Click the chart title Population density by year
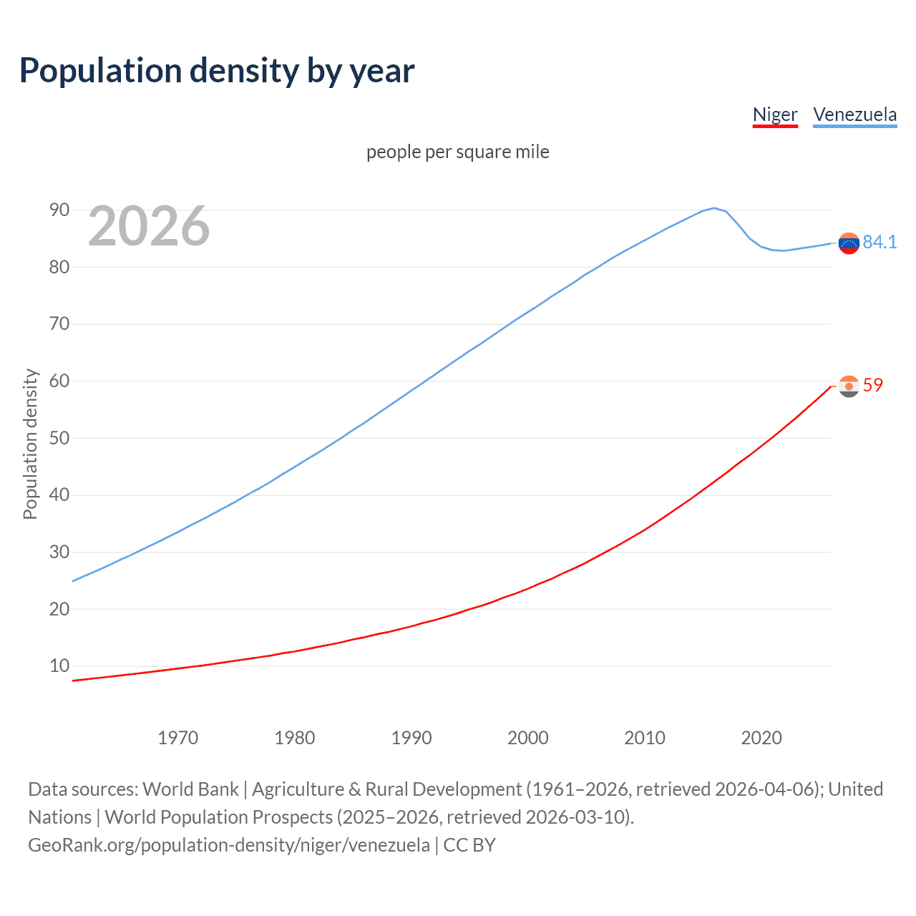(x=217, y=71)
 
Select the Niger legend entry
(x=775, y=114)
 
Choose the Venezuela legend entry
(x=854, y=114)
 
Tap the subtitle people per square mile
(x=458, y=152)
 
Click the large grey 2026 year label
(x=149, y=226)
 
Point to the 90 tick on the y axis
(x=59, y=210)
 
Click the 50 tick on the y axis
(x=59, y=438)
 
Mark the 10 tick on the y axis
(x=59, y=666)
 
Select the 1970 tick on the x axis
(x=178, y=738)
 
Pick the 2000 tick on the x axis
(x=528, y=738)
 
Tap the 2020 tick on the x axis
(x=761, y=738)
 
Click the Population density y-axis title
(x=30, y=444)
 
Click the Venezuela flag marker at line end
(x=849, y=243)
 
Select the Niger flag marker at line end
(x=849, y=386)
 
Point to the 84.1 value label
(x=880, y=242)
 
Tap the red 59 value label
(x=873, y=385)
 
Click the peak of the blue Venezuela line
(x=714, y=208)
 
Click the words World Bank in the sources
(x=190, y=789)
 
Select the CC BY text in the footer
(x=469, y=845)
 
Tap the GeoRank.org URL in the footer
(x=229, y=845)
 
